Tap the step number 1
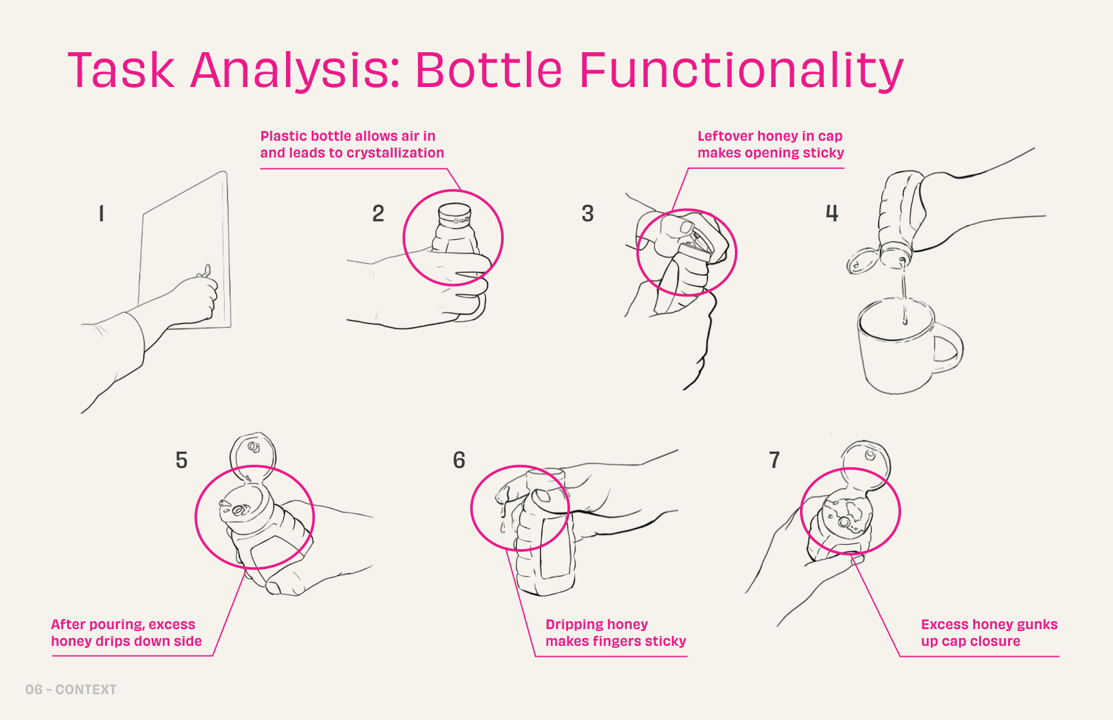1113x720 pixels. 101,213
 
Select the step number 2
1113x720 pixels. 378,213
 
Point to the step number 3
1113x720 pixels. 587,213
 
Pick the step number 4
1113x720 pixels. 832,213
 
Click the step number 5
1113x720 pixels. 182,460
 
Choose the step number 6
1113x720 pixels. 459,460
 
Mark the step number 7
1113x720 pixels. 774,460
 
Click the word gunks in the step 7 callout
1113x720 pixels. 1036,625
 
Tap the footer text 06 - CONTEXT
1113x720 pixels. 71,690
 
